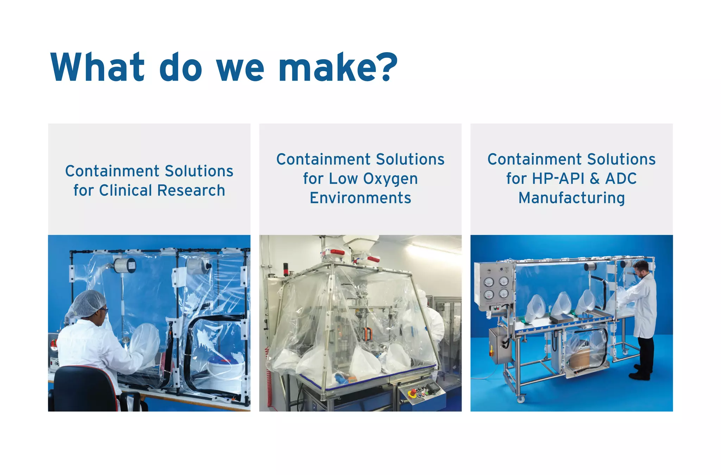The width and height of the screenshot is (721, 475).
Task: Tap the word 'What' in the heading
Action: (x=98, y=68)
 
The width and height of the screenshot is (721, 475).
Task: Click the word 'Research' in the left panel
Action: (x=191, y=191)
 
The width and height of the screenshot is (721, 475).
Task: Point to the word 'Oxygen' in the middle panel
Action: (x=390, y=179)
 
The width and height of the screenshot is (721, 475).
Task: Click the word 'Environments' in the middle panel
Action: (x=360, y=198)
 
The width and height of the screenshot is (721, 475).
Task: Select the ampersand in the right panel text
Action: (x=595, y=179)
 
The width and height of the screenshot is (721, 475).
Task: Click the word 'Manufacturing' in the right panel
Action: (x=571, y=198)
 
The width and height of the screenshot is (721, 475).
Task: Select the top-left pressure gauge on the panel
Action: (x=489, y=282)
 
